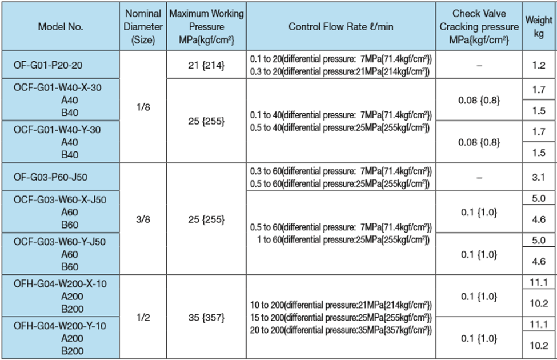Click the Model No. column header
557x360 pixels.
[61, 27]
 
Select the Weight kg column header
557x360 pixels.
[538, 27]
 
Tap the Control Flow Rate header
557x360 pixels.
[340, 27]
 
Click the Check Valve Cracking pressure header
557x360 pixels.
[479, 27]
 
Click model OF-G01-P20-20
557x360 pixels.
[48, 65]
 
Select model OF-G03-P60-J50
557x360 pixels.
[51, 177]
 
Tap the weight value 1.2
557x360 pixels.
[538, 65]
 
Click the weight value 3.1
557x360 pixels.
[538, 177]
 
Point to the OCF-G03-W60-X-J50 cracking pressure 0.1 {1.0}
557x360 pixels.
[479, 212]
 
